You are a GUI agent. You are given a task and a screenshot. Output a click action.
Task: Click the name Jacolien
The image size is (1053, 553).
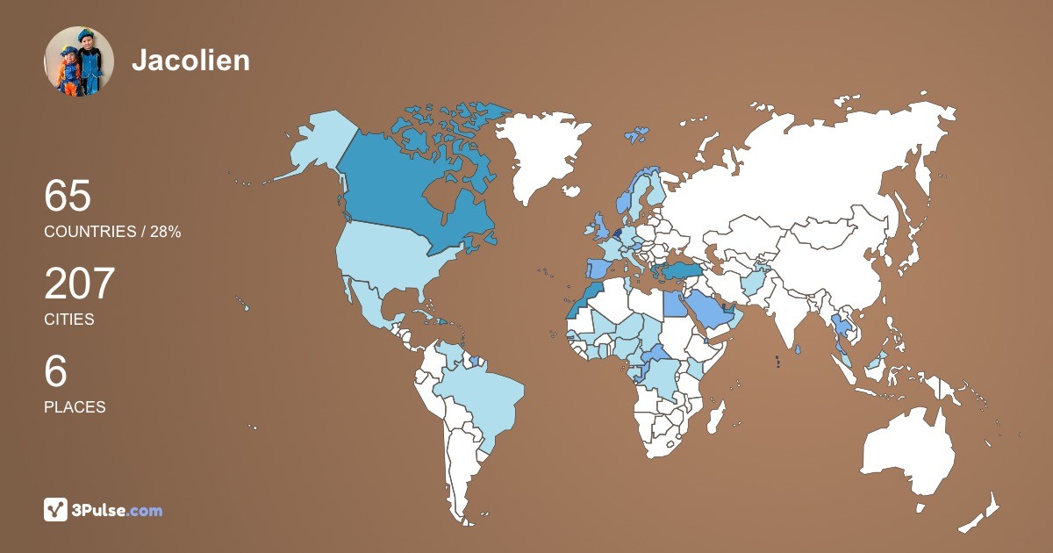(190, 61)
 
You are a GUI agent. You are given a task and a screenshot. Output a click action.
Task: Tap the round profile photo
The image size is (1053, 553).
(79, 61)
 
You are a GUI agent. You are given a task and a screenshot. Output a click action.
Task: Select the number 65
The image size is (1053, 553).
(68, 196)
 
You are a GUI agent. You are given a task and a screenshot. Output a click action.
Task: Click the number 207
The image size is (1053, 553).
(80, 284)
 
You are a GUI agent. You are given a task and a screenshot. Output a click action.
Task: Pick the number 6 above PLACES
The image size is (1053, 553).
(55, 372)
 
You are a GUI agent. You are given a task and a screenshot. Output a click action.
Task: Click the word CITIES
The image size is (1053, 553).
(68, 320)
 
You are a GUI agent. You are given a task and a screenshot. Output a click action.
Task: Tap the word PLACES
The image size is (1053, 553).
(75, 407)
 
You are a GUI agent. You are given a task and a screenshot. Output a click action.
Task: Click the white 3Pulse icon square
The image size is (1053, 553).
(56, 510)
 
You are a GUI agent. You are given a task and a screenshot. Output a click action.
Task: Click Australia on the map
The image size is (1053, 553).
(908, 452)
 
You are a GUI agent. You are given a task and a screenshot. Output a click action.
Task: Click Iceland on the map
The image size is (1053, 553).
(636, 135)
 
